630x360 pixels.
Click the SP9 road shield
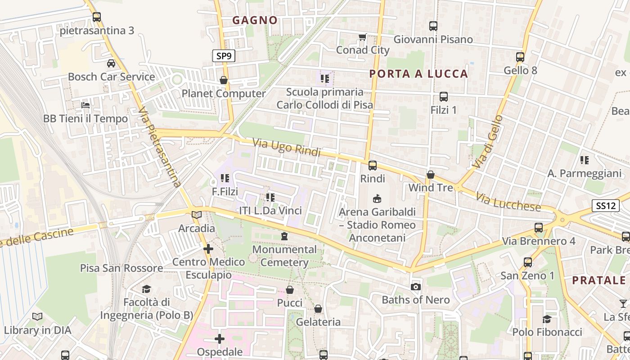[x=224, y=56]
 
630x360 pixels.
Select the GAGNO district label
[x=255, y=20]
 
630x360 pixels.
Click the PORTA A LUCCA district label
[x=418, y=74]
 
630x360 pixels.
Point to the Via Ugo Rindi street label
[x=286, y=147]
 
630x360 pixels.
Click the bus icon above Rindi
[x=373, y=166]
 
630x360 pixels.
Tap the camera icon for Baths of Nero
[x=416, y=287]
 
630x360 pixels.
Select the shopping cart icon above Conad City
[x=362, y=37]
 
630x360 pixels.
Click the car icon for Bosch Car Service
[x=111, y=63]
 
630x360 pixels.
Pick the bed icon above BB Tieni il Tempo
[x=85, y=106]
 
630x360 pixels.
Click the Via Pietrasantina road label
[x=159, y=147]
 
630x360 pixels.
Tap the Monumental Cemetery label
[x=284, y=256]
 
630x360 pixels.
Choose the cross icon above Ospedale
[x=220, y=339]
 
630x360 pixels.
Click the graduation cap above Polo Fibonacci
[x=547, y=319]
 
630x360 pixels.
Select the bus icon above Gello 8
[x=520, y=57]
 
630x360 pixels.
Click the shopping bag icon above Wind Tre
[x=431, y=174]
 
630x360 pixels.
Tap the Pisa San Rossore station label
[x=121, y=268]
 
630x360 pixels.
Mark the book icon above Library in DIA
[x=37, y=317]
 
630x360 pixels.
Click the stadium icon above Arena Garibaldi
[x=377, y=198]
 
